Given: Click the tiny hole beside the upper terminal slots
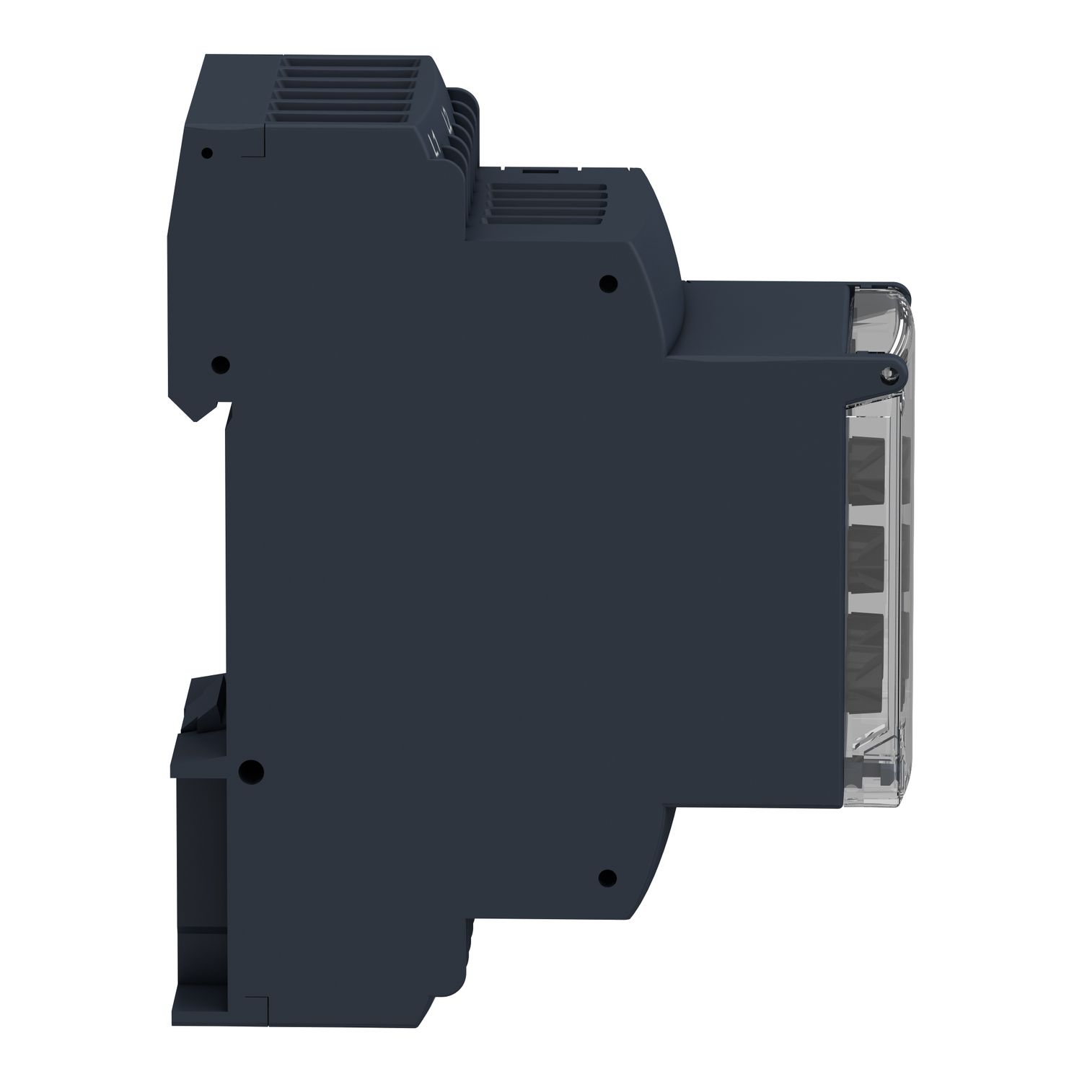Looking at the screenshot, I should tap(207, 153).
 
